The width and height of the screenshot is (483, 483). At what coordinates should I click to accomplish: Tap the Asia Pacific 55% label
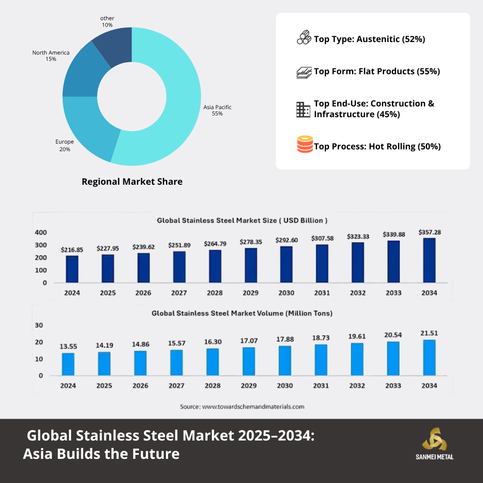click(x=217, y=110)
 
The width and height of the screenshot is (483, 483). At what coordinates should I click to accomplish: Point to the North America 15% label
click(x=51, y=55)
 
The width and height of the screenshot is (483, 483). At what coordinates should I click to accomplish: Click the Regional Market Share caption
click(x=132, y=182)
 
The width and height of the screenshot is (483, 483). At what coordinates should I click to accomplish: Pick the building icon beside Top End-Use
click(x=303, y=109)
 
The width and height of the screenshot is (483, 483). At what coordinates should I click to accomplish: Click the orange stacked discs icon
click(x=305, y=144)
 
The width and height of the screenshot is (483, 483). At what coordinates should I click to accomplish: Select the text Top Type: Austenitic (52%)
click(x=369, y=39)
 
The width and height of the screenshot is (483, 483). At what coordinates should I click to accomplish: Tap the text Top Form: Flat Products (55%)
click(x=377, y=71)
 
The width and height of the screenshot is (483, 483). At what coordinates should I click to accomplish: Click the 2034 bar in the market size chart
click(x=429, y=260)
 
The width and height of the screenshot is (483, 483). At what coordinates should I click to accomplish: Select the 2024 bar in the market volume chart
click(x=68, y=364)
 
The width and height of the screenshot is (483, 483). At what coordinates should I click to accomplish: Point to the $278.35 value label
click(x=250, y=241)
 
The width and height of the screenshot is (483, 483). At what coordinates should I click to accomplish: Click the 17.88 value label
click(x=284, y=339)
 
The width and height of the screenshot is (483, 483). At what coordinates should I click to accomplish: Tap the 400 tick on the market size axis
click(x=41, y=233)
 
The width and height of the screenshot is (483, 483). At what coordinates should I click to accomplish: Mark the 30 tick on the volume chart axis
click(x=39, y=325)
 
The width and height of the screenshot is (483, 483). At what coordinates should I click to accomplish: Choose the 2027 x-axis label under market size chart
click(x=179, y=293)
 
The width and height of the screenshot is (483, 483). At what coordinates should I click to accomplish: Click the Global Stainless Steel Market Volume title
click(x=242, y=314)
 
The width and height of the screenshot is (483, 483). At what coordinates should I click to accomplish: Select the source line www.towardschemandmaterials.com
click(x=242, y=407)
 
